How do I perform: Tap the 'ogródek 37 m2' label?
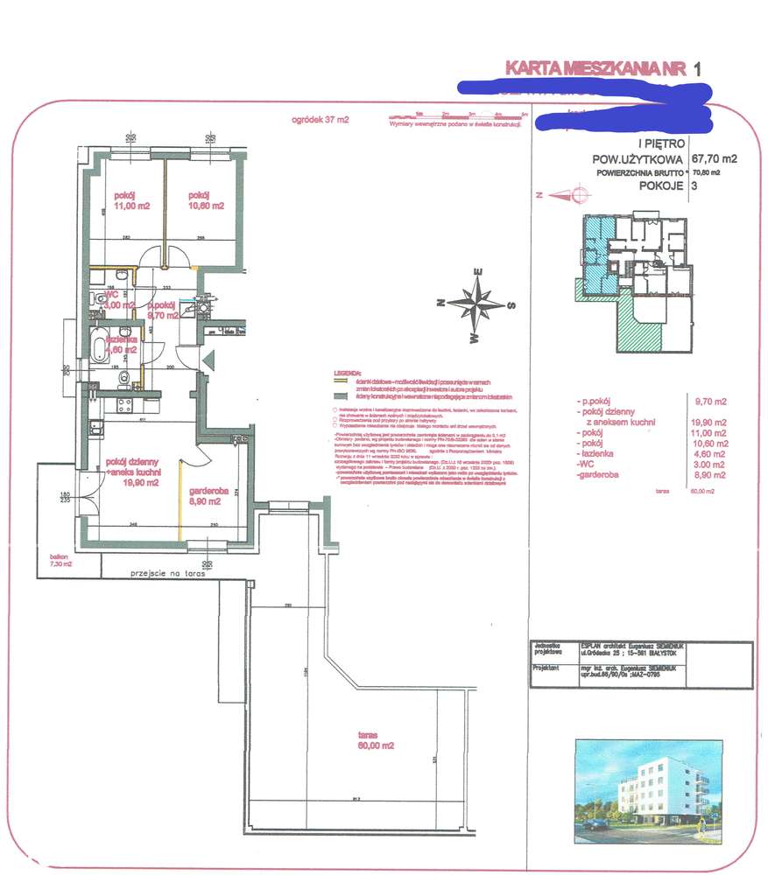320,121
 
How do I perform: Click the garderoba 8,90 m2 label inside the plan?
209,497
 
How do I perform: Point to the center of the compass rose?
476,305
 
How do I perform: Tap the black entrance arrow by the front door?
207,360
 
